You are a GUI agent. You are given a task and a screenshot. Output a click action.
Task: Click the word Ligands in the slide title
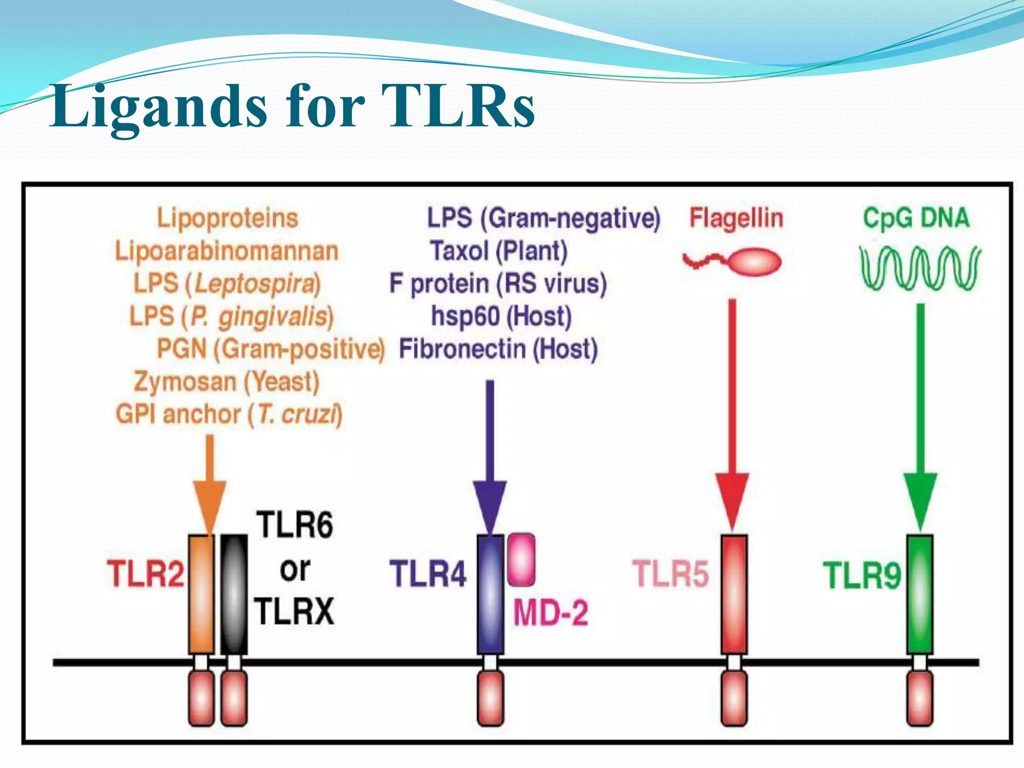[158, 107]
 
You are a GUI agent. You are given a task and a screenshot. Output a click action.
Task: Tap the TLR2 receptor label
[145, 573]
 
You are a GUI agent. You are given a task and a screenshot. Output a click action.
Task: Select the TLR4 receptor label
[428, 573]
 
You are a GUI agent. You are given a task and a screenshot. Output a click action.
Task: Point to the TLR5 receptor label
[670, 573]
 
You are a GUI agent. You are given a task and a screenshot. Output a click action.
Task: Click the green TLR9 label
[861, 575]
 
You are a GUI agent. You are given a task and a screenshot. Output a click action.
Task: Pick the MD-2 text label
[550, 612]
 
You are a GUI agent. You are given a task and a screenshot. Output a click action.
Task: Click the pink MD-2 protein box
[521, 559]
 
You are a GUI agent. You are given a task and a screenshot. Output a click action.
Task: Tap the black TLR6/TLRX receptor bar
[234, 594]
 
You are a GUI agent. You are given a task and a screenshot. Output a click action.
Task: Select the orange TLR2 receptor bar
[201, 594]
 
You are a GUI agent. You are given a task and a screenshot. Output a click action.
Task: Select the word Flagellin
[736, 218]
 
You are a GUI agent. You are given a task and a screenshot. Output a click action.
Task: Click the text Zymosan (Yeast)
[226, 382]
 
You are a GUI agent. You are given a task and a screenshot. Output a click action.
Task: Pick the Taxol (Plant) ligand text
[499, 251]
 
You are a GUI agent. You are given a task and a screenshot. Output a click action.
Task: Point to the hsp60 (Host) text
[501, 316]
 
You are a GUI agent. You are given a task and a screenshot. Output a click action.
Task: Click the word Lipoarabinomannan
[226, 251]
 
